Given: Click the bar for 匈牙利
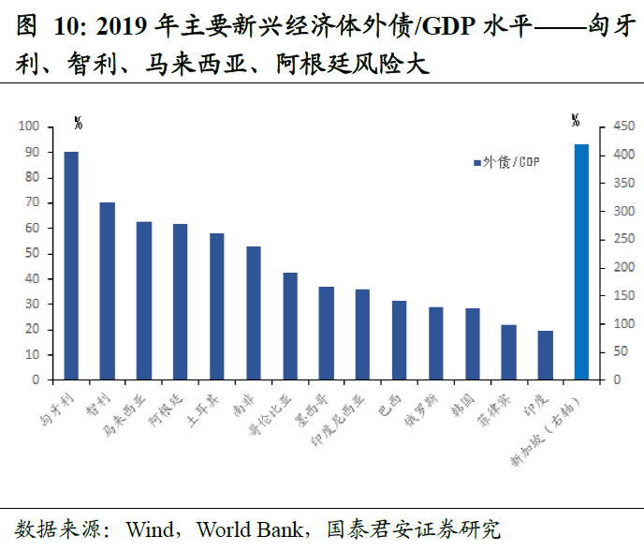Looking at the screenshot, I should tap(71, 266).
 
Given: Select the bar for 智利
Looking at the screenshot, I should tap(108, 291).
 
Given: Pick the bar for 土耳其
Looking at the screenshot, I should tap(217, 306).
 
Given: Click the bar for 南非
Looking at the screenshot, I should tap(254, 313).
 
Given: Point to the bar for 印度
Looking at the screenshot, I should tap(545, 355).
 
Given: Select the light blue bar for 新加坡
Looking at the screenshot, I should tap(581, 262).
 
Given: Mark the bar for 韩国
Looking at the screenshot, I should tap(472, 344).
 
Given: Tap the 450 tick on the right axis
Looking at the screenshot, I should tap(622, 127).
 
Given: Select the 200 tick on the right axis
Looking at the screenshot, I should tap(622, 268).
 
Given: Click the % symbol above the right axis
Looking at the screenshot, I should tap(575, 119).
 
